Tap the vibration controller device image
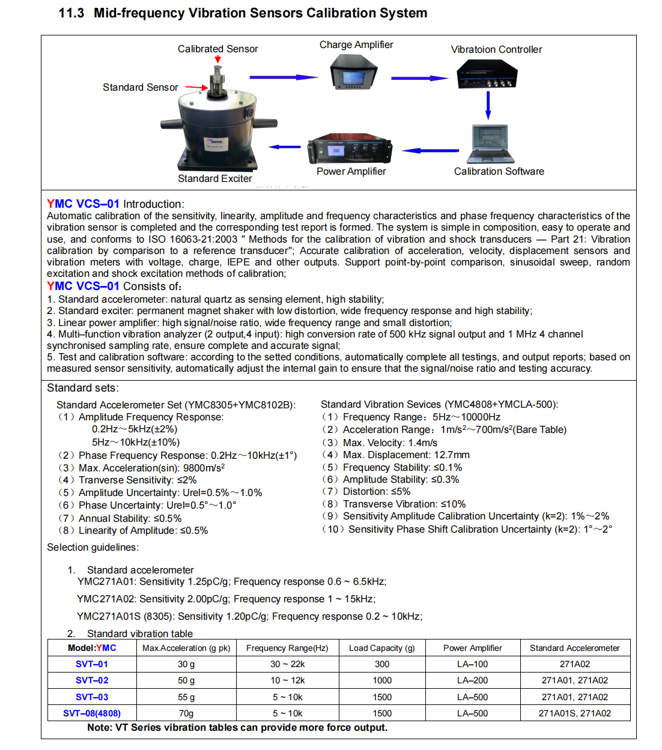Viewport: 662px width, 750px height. (487, 76)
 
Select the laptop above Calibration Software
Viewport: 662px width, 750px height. (491, 144)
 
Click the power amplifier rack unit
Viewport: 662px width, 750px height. (351, 148)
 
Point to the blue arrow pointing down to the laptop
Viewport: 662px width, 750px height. (488, 104)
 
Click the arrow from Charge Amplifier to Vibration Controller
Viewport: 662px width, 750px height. (419, 78)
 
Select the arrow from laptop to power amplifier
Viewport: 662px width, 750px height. (430, 151)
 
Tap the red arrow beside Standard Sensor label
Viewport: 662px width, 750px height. (196, 87)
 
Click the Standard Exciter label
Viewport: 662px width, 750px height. (214, 178)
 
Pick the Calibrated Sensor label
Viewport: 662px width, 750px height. (217, 49)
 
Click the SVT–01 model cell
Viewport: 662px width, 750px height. (92, 664)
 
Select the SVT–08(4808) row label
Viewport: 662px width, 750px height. (92, 713)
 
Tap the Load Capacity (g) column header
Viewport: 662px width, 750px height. (381, 648)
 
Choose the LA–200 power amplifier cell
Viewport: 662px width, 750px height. (472, 680)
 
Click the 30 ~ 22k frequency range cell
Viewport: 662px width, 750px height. (287, 664)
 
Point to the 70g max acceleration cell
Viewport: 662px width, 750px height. (186, 713)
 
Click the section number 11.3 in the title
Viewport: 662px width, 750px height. (71, 13)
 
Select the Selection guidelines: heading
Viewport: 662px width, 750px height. (93, 547)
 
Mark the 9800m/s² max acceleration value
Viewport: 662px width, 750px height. (204, 468)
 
